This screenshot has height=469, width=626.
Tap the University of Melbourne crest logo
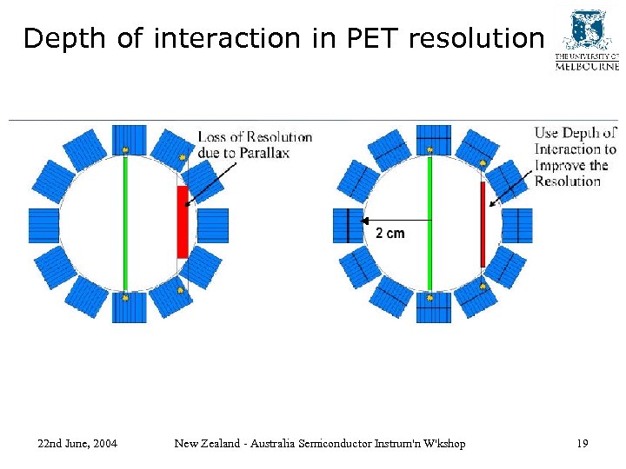pyautogui.click(x=586, y=30)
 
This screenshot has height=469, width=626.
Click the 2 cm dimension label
pyautogui.click(x=390, y=234)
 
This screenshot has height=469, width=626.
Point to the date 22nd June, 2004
pyautogui.click(x=77, y=444)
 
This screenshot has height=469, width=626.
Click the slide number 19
pyautogui.click(x=582, y=444)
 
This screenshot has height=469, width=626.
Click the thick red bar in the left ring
pyautogui.click(x=182, y=221)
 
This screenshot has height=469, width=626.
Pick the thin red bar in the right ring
pyautogui.click(x=483, y=224)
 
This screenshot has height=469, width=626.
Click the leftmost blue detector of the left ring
pyautogui.click(x=43, y=225)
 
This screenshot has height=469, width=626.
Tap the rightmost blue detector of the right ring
pyautogui.click(x=517, y=225)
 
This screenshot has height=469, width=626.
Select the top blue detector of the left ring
pyautogui.click(x=129, y=139)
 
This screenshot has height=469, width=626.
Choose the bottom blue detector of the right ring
pyautogui.click(x=433, y=307)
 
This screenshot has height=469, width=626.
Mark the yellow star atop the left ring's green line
pyautogui.click(x=125, y=150)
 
